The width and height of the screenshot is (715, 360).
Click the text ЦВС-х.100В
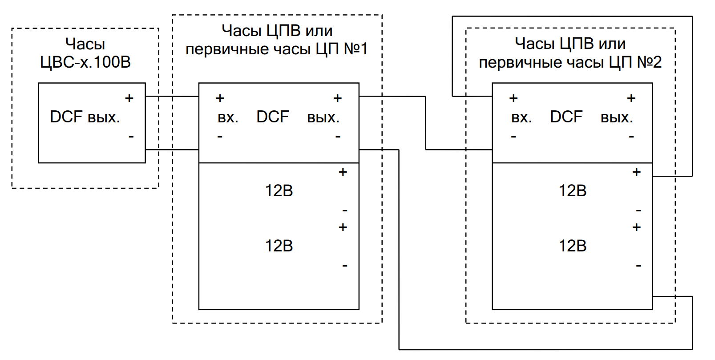pos(85,62)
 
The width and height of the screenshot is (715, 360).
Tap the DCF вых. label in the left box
pos(85,117)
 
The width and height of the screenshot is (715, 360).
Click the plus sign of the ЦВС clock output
pos(129,98)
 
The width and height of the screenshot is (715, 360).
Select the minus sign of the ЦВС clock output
pos(131,137)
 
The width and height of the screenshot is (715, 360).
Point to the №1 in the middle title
pos(356,49)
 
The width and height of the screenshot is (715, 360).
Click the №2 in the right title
pos(649,62)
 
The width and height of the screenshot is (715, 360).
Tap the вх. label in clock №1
pos(228,117)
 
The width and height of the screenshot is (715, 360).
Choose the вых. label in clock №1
pos(323,117)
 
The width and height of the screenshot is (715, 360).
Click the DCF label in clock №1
pos(273,117)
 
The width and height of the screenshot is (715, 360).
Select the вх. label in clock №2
pos(521,117)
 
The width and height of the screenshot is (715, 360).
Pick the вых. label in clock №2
pos(617,117)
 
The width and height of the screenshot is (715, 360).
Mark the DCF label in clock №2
pos(566,117)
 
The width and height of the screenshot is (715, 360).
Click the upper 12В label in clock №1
pos(279,190)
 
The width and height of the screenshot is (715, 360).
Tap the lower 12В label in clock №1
pos(279,246)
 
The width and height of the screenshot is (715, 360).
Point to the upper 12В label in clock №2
pos(573,190)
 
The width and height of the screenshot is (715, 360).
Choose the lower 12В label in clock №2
pos(573,246)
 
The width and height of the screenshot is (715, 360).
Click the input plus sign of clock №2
pos(513,98)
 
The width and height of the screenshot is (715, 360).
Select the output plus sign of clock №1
pos(338,98)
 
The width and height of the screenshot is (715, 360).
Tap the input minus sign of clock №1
pos(220,137)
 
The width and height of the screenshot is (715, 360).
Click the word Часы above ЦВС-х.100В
pos(85,44)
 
